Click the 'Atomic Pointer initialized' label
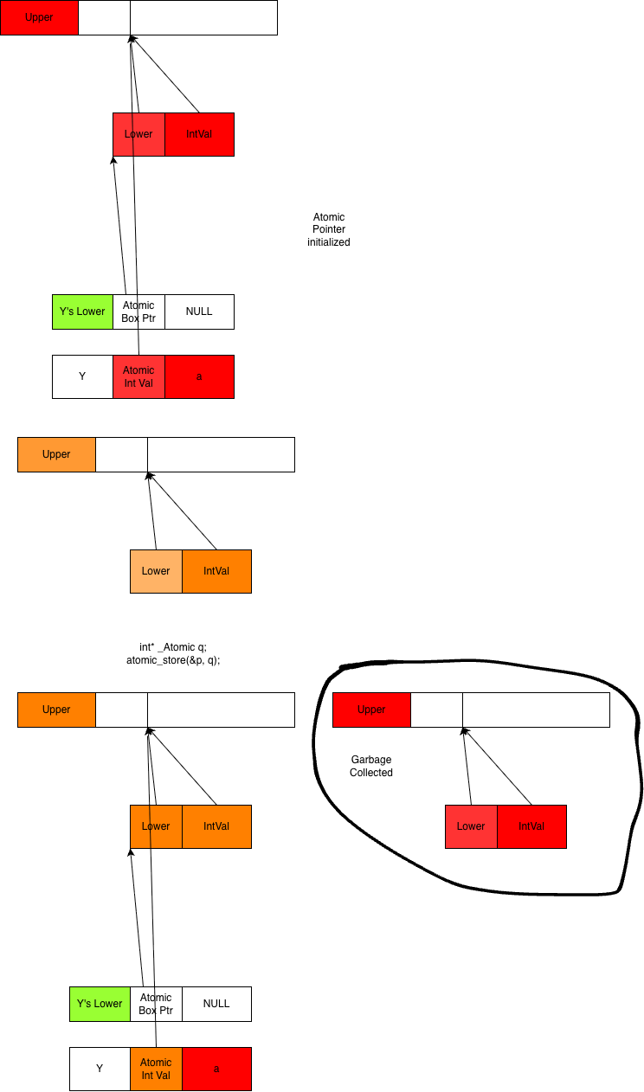click(329, 229)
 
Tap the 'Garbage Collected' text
click(371, 766)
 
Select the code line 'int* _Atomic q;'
click(173, 647)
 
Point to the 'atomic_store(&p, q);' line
click(173, 660)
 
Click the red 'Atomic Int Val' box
click(139, 377)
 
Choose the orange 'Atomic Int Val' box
click(157, 1069)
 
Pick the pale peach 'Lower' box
click(157, 571)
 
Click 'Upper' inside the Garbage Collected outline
click(372, 710)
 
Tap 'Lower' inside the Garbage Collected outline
click(472, 827)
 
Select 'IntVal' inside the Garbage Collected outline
click(531, 827)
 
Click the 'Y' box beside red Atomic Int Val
click(82, 377)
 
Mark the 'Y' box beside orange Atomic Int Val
click(100, 1069)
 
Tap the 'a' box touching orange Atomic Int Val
click(217, 1069)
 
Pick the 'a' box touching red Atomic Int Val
click(199, 377)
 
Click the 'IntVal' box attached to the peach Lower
click(217, 571)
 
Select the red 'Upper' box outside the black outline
click(40, 17)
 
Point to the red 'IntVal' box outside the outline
click(199, 134)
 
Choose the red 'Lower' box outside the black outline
click(139, 134)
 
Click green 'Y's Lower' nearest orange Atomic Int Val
click(100, 1004)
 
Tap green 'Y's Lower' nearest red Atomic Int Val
click(82, 312)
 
